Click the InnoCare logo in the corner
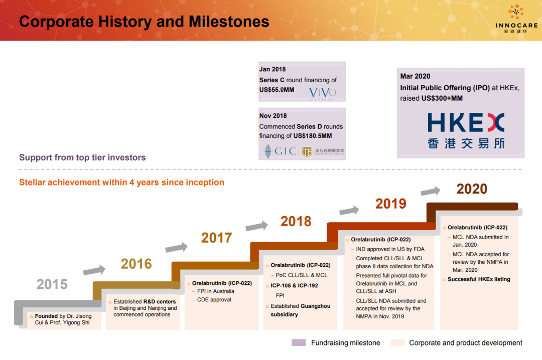[516, 19]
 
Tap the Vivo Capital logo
[323, 93]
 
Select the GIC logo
[280, 151]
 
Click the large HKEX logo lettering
[466, 122]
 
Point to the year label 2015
[52, 284]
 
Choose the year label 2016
[136, 264]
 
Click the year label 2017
[216, 238]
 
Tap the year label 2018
[296, 222]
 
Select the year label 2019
[391, 204]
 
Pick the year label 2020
[472, 189]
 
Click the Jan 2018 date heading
[273, 69]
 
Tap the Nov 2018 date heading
[273, 116]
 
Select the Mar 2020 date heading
[415, 76]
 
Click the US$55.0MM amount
[277, 90]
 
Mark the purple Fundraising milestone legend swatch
[299, 342]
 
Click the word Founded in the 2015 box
[46, 316]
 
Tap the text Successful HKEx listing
[479, 279]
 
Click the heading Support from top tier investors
[82, 157]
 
